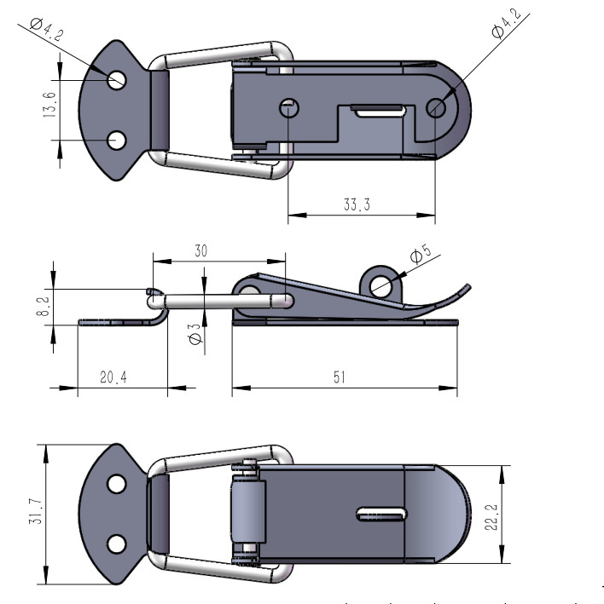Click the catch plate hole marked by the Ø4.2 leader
[117, 80]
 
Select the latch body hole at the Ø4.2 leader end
[436, 107]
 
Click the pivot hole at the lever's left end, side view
[251, 292]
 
